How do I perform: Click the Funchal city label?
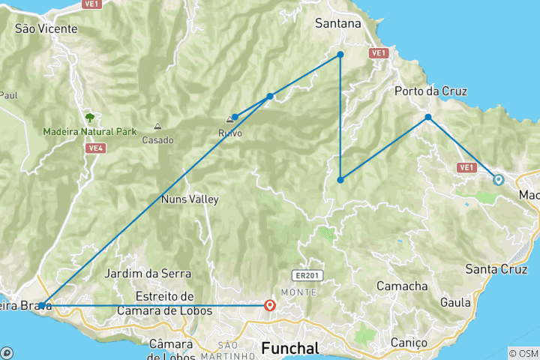290,349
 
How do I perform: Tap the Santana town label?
338,24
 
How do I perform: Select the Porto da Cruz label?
431,91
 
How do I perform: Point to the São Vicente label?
46,28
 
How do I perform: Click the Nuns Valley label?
190,199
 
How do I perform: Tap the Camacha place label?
401,286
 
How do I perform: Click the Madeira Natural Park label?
90,131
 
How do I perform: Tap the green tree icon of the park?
90,118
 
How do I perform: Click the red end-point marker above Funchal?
270,305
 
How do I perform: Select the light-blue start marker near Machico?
497,179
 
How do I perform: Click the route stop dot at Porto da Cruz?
428,117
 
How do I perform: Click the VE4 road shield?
94,148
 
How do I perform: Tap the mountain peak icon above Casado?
157,127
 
